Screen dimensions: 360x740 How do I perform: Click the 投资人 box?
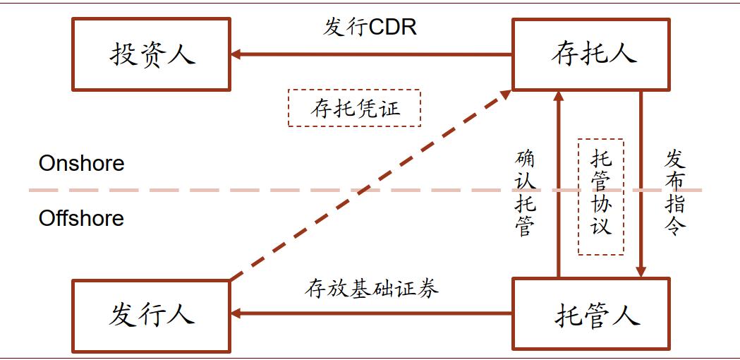click(151, 54)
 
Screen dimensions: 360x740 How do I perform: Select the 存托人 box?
click(590, 54)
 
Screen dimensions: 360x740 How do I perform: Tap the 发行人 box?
click(151, 314)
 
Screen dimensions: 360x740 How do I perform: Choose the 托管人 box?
click(590, 314)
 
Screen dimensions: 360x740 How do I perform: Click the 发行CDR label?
click(370, 27)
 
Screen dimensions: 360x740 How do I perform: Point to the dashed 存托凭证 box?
click(354, 108)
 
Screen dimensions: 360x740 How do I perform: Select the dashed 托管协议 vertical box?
click(600, 196)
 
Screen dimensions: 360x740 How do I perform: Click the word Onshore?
click(81, 163)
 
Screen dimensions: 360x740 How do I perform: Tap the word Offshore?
click(81, 218)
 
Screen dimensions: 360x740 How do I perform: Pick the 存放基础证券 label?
click(372, 288)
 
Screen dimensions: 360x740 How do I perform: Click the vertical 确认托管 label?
click(526, 192)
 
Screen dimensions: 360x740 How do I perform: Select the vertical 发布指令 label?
click(674, 192)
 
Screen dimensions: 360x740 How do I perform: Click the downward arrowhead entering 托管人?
click(641, 271)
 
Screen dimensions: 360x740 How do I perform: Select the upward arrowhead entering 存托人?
click(558, 96)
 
